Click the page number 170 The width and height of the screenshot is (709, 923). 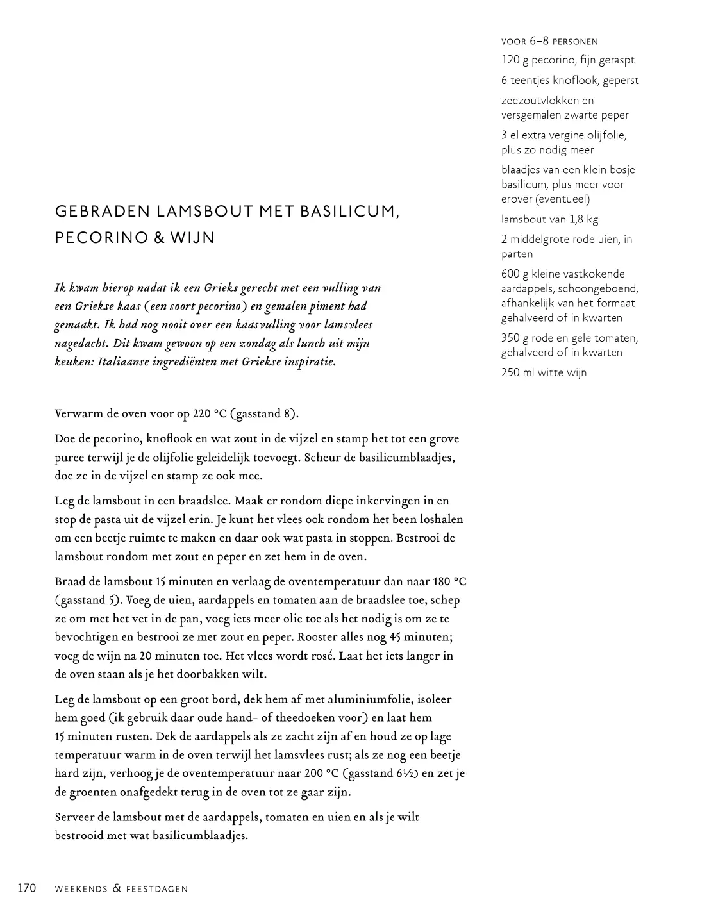[x=26, y=888]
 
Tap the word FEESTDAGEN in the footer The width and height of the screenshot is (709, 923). [x=157, y=889]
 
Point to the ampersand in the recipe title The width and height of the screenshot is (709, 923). [x=158, y=238]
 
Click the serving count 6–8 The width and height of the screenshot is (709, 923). [x=539, y=41]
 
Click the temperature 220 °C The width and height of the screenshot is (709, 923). [x=210, y=413]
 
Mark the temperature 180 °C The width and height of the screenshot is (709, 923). [x=451, y=581]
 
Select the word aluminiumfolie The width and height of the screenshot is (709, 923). [x=380, y=699]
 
